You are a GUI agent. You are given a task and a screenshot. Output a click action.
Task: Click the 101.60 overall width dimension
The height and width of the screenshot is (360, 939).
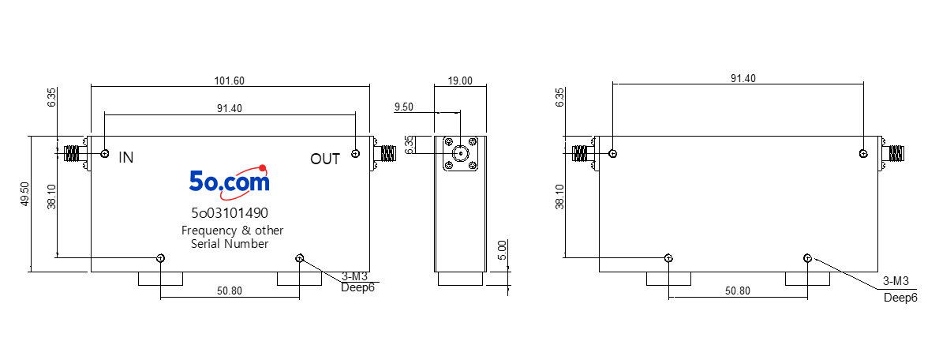coord(230,81)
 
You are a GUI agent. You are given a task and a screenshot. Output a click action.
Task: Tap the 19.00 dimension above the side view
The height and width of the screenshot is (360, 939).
coord(459,81)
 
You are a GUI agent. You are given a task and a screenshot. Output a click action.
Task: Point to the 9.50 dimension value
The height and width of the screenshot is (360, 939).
coord(405,107)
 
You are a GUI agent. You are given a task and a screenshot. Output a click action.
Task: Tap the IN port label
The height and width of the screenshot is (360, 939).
coord(126,158)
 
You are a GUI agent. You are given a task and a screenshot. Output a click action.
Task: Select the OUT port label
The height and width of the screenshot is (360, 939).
coord(325,159)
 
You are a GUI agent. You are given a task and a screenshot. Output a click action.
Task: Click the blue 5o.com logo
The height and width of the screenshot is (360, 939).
coord(230,180)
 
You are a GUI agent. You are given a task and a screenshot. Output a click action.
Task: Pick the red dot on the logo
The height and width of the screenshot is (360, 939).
coord(262,167)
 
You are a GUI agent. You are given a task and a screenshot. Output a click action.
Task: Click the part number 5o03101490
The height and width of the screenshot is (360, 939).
coord(230,212)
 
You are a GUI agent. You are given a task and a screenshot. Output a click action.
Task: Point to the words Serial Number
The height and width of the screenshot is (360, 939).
coord(230,244)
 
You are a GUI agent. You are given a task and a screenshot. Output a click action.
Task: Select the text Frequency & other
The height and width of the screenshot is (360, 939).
coord(232,231)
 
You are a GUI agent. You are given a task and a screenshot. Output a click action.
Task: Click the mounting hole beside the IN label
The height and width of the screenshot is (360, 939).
coord(106,154)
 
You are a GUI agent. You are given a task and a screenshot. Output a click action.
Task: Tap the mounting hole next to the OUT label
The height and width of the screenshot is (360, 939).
coord(356,154)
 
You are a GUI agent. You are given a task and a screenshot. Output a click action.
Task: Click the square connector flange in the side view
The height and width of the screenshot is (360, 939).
coord(460,154)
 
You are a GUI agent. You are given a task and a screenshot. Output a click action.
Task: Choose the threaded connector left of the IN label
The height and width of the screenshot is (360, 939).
coord(72,154)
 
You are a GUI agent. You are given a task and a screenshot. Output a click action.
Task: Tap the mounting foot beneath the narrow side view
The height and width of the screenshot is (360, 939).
coord(460,279)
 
